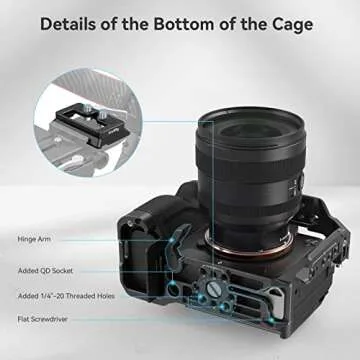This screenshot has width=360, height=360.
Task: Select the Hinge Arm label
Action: click(x=36, y=240)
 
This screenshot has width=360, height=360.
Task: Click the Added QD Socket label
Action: click(x=45, y=269)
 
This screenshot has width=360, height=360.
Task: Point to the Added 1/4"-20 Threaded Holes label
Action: click(x=65, y=296)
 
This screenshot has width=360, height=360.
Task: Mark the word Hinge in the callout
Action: click(x=27, y=240)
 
